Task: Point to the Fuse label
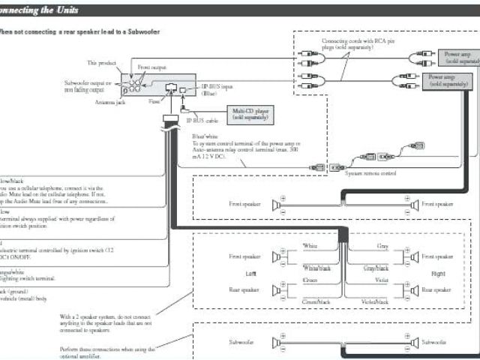(x=154, y=100)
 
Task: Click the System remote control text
(x=370, y=173)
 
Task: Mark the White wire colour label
(x=310, y=246)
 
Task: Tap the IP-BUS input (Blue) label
(x=217, y=90)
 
